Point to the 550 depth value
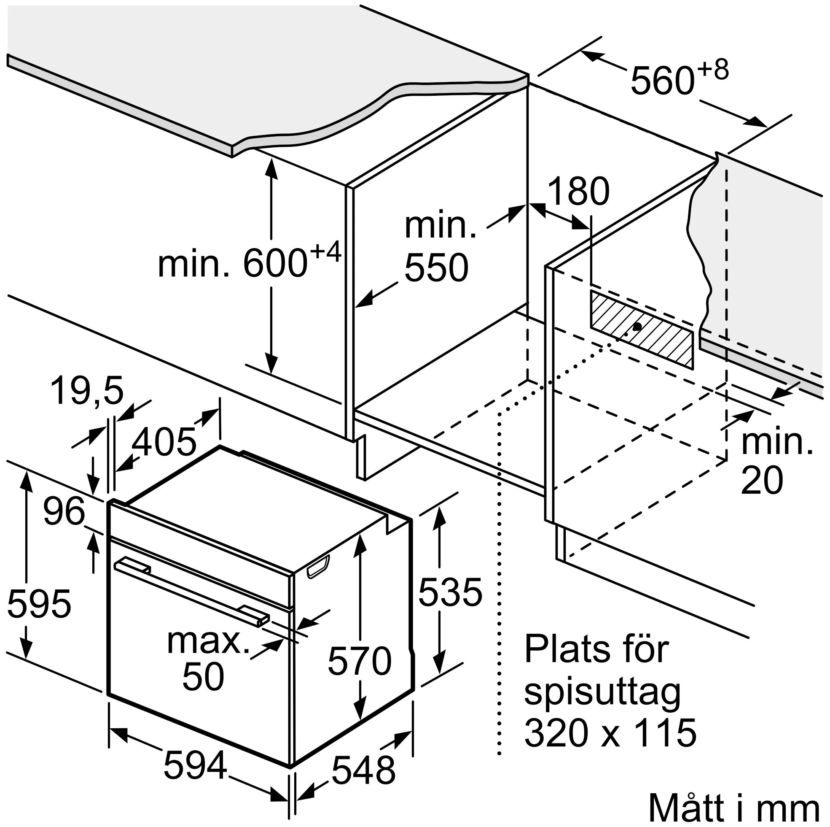[436, 268]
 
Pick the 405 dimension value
[164, 442]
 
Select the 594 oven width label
[195, 765]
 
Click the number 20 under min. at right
[762, 481]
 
